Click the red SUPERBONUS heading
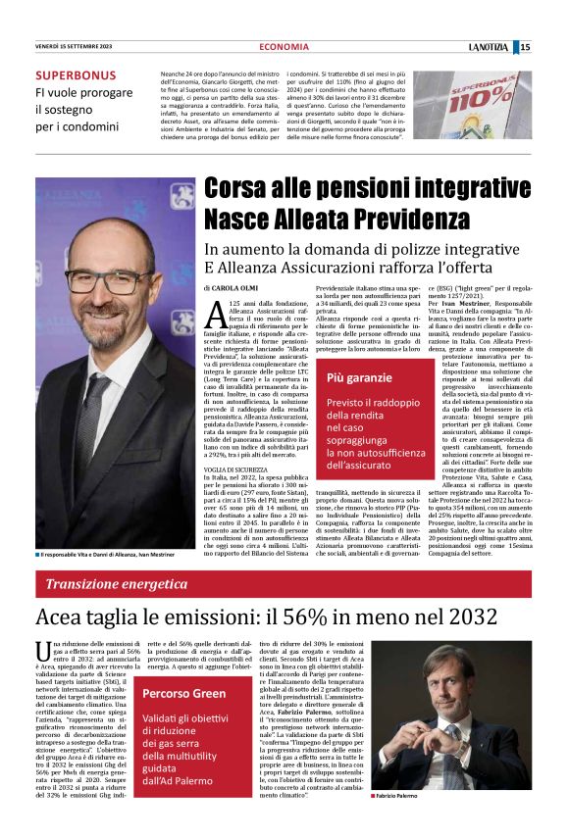(76, 75)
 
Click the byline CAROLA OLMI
(236, 290)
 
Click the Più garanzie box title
(359, 377)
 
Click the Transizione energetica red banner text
(111, 584)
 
